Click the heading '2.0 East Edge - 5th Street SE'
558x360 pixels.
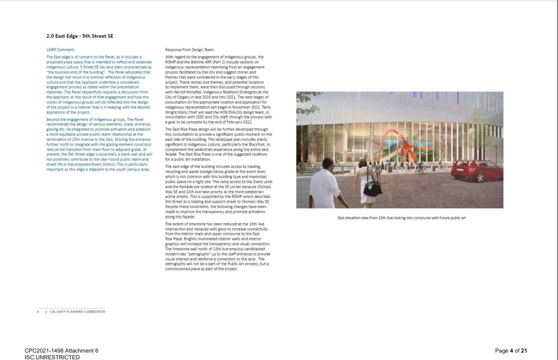[x=80, y=36]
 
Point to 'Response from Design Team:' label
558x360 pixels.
[x=190, y=50]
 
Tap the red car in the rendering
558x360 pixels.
[x=476, y=170]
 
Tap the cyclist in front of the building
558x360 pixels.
[x=421, y=168]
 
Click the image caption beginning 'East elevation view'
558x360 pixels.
[x=401, y=218]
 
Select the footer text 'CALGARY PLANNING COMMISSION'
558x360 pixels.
[x=77, y=312]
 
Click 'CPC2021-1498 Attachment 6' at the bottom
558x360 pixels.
[x=61, y=351]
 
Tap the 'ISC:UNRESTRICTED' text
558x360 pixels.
[x=52, y=357]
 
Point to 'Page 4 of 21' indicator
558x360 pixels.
[x=511, y=351]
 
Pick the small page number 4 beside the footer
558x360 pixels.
[x=38, y=312]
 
